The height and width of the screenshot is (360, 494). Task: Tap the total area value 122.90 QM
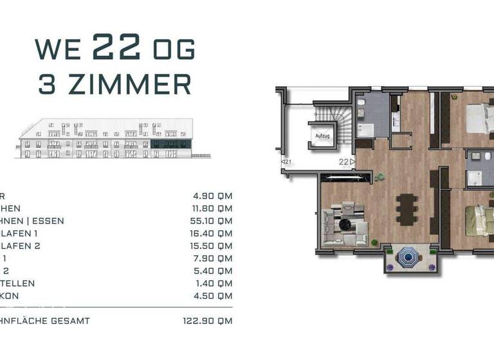pos(208,321)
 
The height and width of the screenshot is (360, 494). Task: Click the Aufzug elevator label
pos(322,136)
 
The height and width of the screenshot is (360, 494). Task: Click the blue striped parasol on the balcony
pos(407,258)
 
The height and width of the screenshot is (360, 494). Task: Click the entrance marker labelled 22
pos(347,162)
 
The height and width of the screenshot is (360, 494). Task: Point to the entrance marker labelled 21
pos(286,162)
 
